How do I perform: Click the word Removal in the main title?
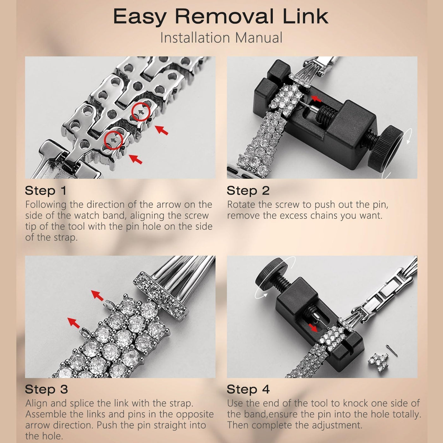pyautogui.click(x=224, y=16)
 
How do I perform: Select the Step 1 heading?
pyautogui.click(x=46, y=190)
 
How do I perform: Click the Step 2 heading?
pyautogui.click(x=248, y=190)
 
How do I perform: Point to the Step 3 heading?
pyautogui.click(x=46, y=389)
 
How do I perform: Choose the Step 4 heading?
pyautogui.click(x=248, y=389)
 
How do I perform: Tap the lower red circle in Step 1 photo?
pyautogui.click(x=113, y=140)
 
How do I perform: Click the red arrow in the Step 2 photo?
pyautogui.click(x=316, y=99)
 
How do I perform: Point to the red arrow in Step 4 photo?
pyautogui.click(x=313, y=327)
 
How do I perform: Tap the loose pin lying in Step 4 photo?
pyautogui.click(x=392, y=351)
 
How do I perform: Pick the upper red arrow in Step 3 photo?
pyautogui.click(x=97, y=296)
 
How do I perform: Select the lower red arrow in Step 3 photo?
pyautogui.click(x=73, y=322)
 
